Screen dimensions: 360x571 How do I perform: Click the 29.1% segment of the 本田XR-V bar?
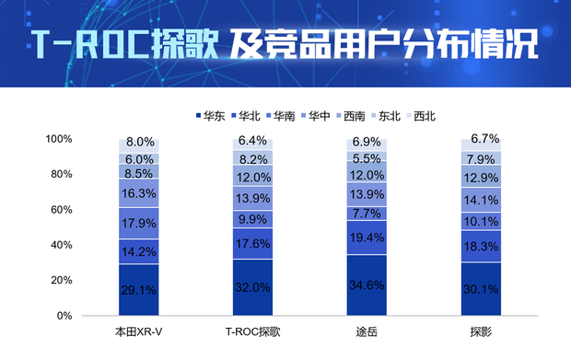[138, 289]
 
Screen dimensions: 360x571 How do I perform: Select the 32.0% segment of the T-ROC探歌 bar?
[252, 287]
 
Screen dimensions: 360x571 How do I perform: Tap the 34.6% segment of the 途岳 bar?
[367, 285]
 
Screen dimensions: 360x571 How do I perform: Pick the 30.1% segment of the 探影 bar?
[481, 288]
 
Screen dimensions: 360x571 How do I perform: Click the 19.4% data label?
[367, 238]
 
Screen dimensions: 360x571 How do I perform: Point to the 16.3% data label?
[138, 193]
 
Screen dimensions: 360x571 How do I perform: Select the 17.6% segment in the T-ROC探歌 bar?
[252, 244]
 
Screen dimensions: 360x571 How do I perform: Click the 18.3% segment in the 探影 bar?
[481, 246]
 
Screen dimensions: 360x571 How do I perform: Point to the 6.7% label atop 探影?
[484, 139]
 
